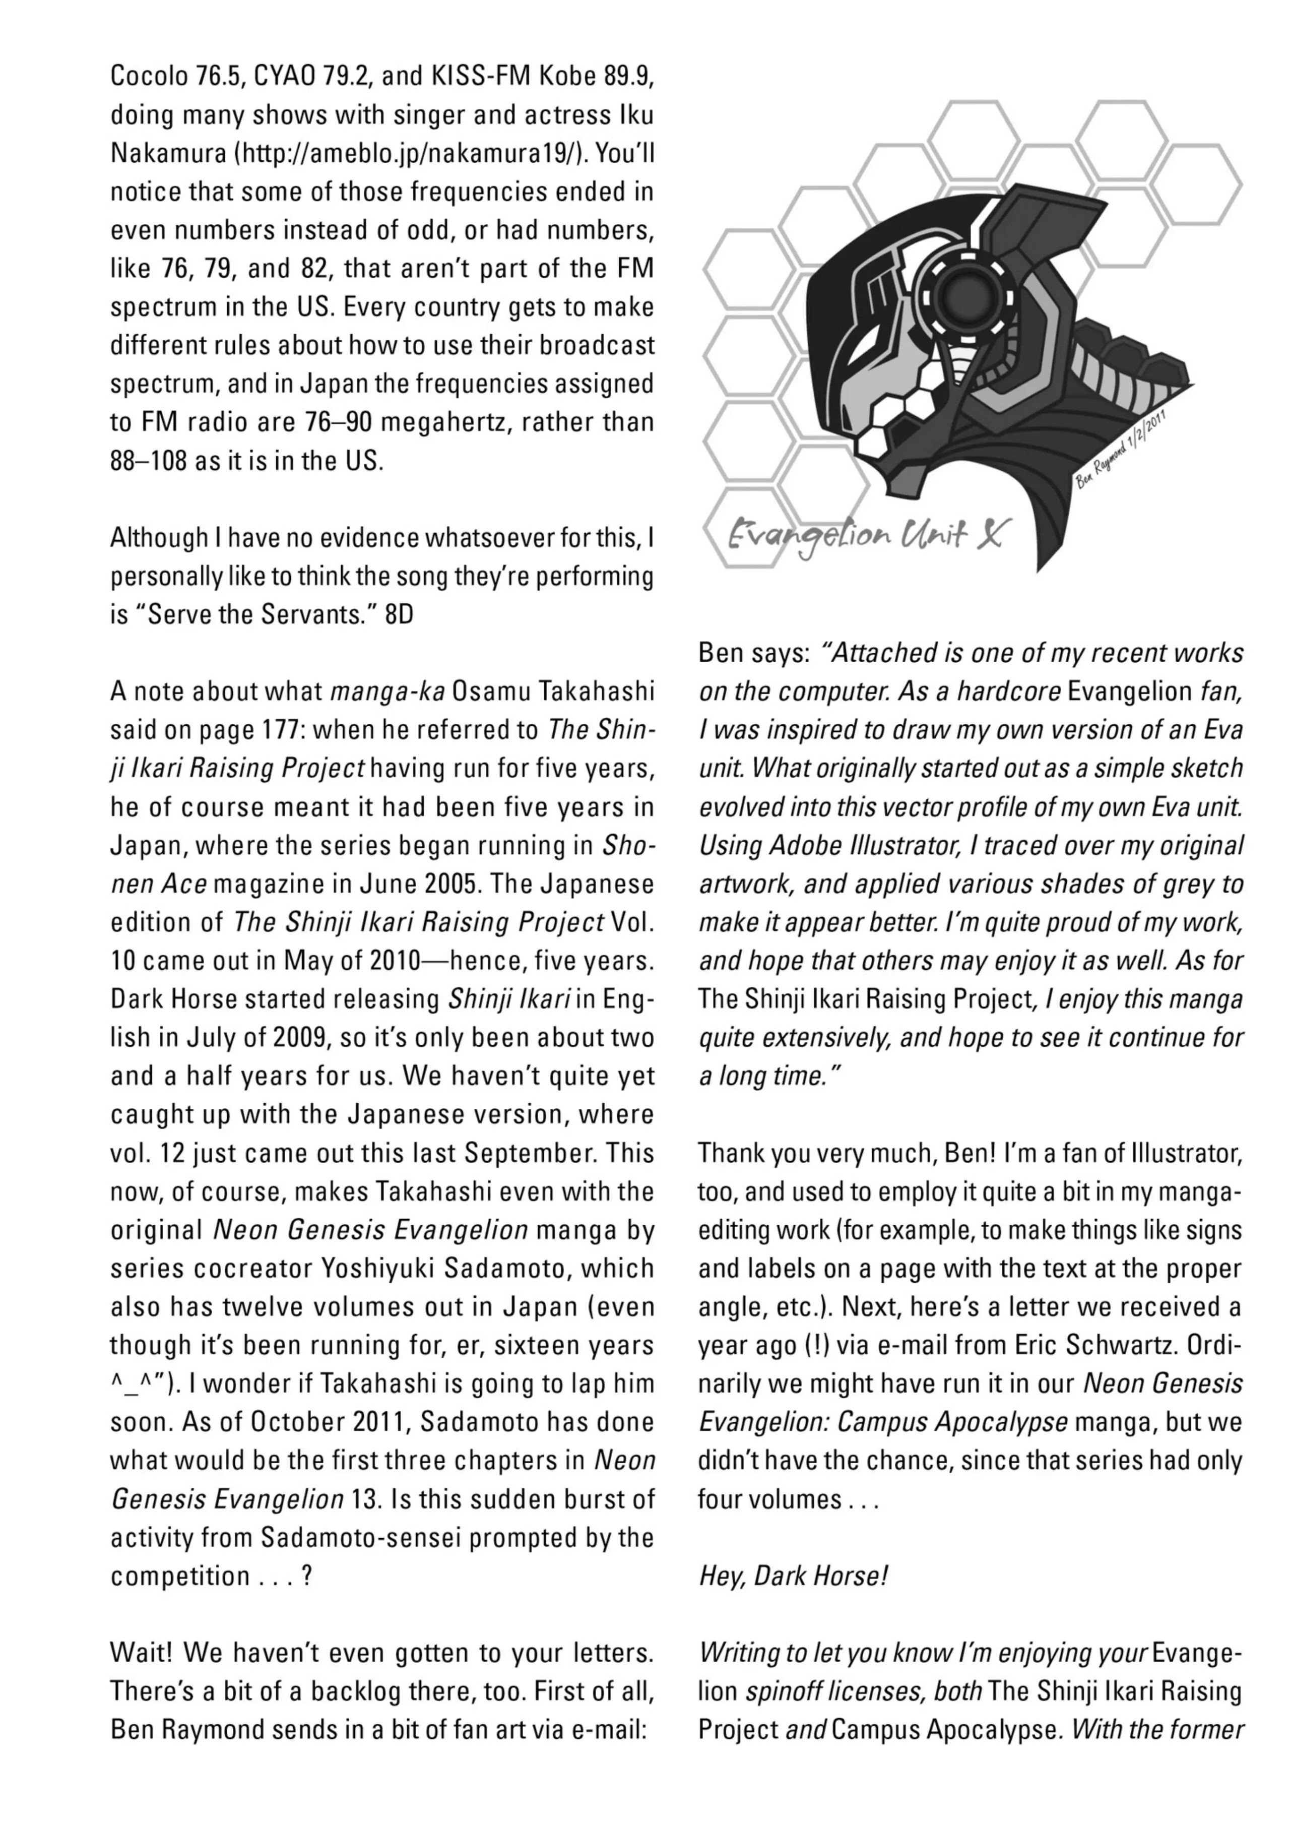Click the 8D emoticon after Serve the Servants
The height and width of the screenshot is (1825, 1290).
[399, 614]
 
